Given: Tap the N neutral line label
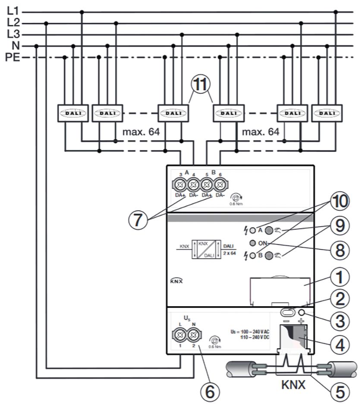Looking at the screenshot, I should (11, 45).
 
